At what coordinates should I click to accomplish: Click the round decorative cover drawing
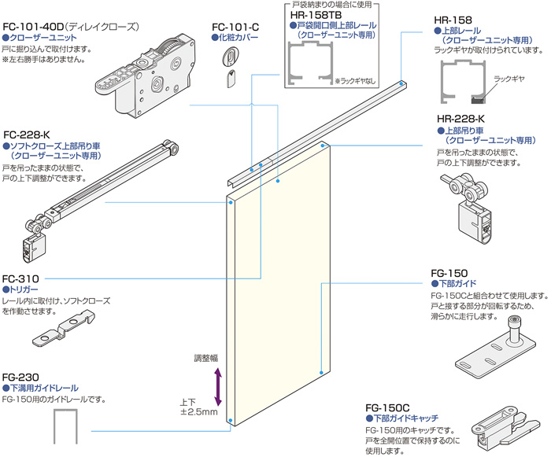point(232,57)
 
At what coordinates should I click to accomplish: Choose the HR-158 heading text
point(454,20)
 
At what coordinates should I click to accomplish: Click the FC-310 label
point(20,279)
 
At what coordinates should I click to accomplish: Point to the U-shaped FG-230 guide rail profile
point(64,430)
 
